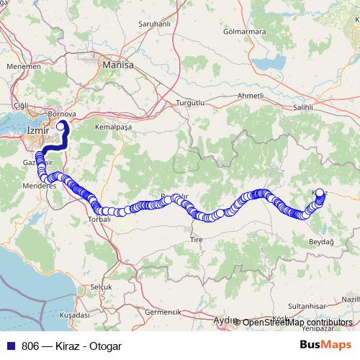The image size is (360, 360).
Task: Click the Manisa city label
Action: click(x=119, y=64)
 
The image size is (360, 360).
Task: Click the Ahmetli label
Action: click(x=251, y=96)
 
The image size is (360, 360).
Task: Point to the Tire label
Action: click(x=196, y=238)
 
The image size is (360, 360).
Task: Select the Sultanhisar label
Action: click(x=308, y=306)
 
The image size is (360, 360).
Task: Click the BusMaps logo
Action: click(x=325, y=344)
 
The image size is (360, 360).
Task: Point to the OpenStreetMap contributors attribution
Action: click(x=296, y=322)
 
